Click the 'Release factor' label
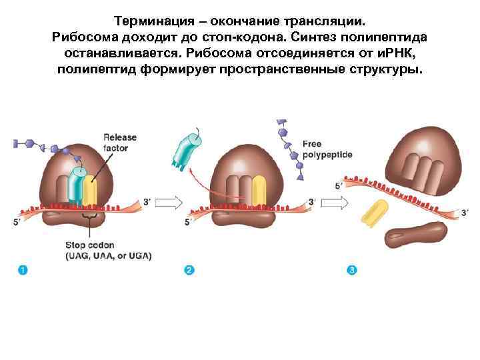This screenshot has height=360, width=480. pos(119,142)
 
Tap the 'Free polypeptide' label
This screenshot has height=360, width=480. pos(327,149)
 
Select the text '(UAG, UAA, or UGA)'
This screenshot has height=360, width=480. pos(108,255)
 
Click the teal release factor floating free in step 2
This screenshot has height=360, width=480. pos(185,150)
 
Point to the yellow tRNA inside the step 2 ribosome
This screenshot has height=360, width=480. pos(260,189)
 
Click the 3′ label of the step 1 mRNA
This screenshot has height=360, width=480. pos(147,201)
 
